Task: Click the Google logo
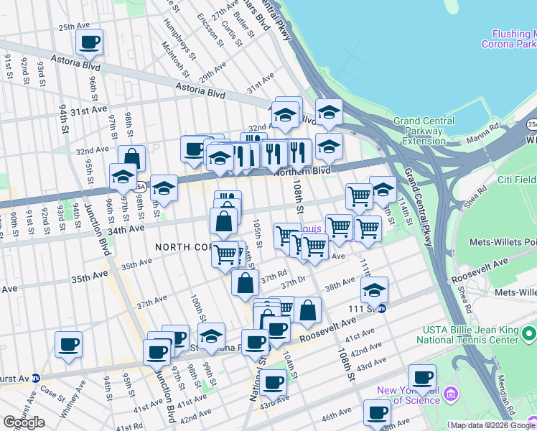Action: tap(24, 422)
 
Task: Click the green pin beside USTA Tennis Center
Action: tap(529, 334)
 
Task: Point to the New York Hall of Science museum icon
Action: tap(451, 394)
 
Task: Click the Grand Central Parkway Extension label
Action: tap(423, 131)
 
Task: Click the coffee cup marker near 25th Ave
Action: tap(90, 42)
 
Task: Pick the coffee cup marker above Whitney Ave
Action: tap(68, 345)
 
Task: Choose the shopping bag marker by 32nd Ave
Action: tap(132, 159)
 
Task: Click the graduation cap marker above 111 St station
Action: tap(374, 291)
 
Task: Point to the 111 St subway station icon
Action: tap(382, 309)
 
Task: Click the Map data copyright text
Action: tap(492, 425)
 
